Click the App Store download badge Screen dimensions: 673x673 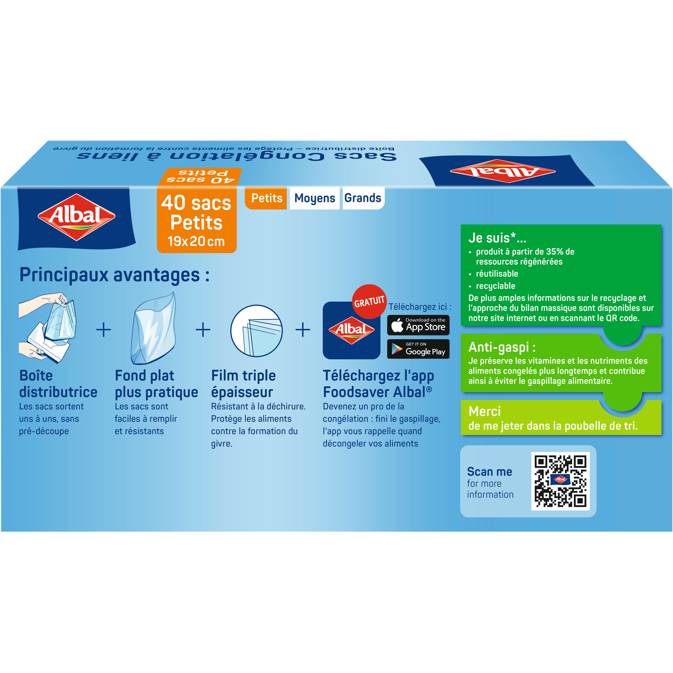[418, 325]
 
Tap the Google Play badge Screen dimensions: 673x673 [418, 349]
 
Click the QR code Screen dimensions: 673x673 [560, 481]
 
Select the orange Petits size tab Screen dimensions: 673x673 [266, 198]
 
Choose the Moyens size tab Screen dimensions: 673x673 [315, 198]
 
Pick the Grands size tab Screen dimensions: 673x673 [363, 198]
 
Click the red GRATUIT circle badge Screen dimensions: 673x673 [369, 301]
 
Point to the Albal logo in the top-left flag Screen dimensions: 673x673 [76, 217]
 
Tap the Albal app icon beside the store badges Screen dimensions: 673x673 [352, 330]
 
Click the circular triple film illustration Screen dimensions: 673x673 [257, 331]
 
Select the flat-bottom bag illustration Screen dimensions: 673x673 [154, 328]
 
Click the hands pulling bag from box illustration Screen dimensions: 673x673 [47, 328]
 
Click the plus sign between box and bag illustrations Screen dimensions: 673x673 [103, 330]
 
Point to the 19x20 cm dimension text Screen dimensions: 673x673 [196, 241]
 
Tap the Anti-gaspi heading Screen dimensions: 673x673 [502, 347]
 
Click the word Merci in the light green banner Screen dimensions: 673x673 [484, 411]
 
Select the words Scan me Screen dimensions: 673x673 [490, 472]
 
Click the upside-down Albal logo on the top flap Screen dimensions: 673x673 [503, 171]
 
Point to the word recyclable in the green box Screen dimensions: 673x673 [495, 286]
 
